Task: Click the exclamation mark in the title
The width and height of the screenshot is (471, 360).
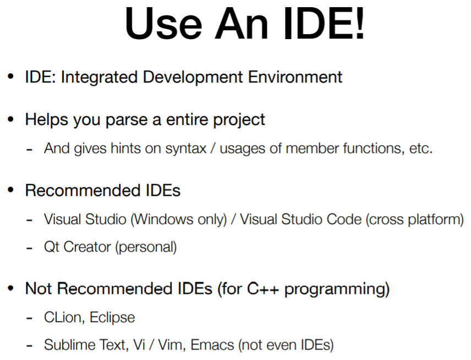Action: [360, 23]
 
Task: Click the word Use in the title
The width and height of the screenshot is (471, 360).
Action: [163, 24]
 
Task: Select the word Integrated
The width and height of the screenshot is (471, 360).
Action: [100, 78]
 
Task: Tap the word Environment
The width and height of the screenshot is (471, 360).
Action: [295, 77]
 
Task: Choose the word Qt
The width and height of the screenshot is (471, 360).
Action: [52, 247]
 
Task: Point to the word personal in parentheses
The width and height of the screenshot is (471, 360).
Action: [146, 247]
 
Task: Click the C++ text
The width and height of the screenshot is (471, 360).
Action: [263, 289]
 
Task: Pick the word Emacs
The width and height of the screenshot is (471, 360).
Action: [212, 345]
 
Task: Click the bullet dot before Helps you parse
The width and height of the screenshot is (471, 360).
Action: [11, 119]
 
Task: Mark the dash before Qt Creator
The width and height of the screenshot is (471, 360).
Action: [29, 248]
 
